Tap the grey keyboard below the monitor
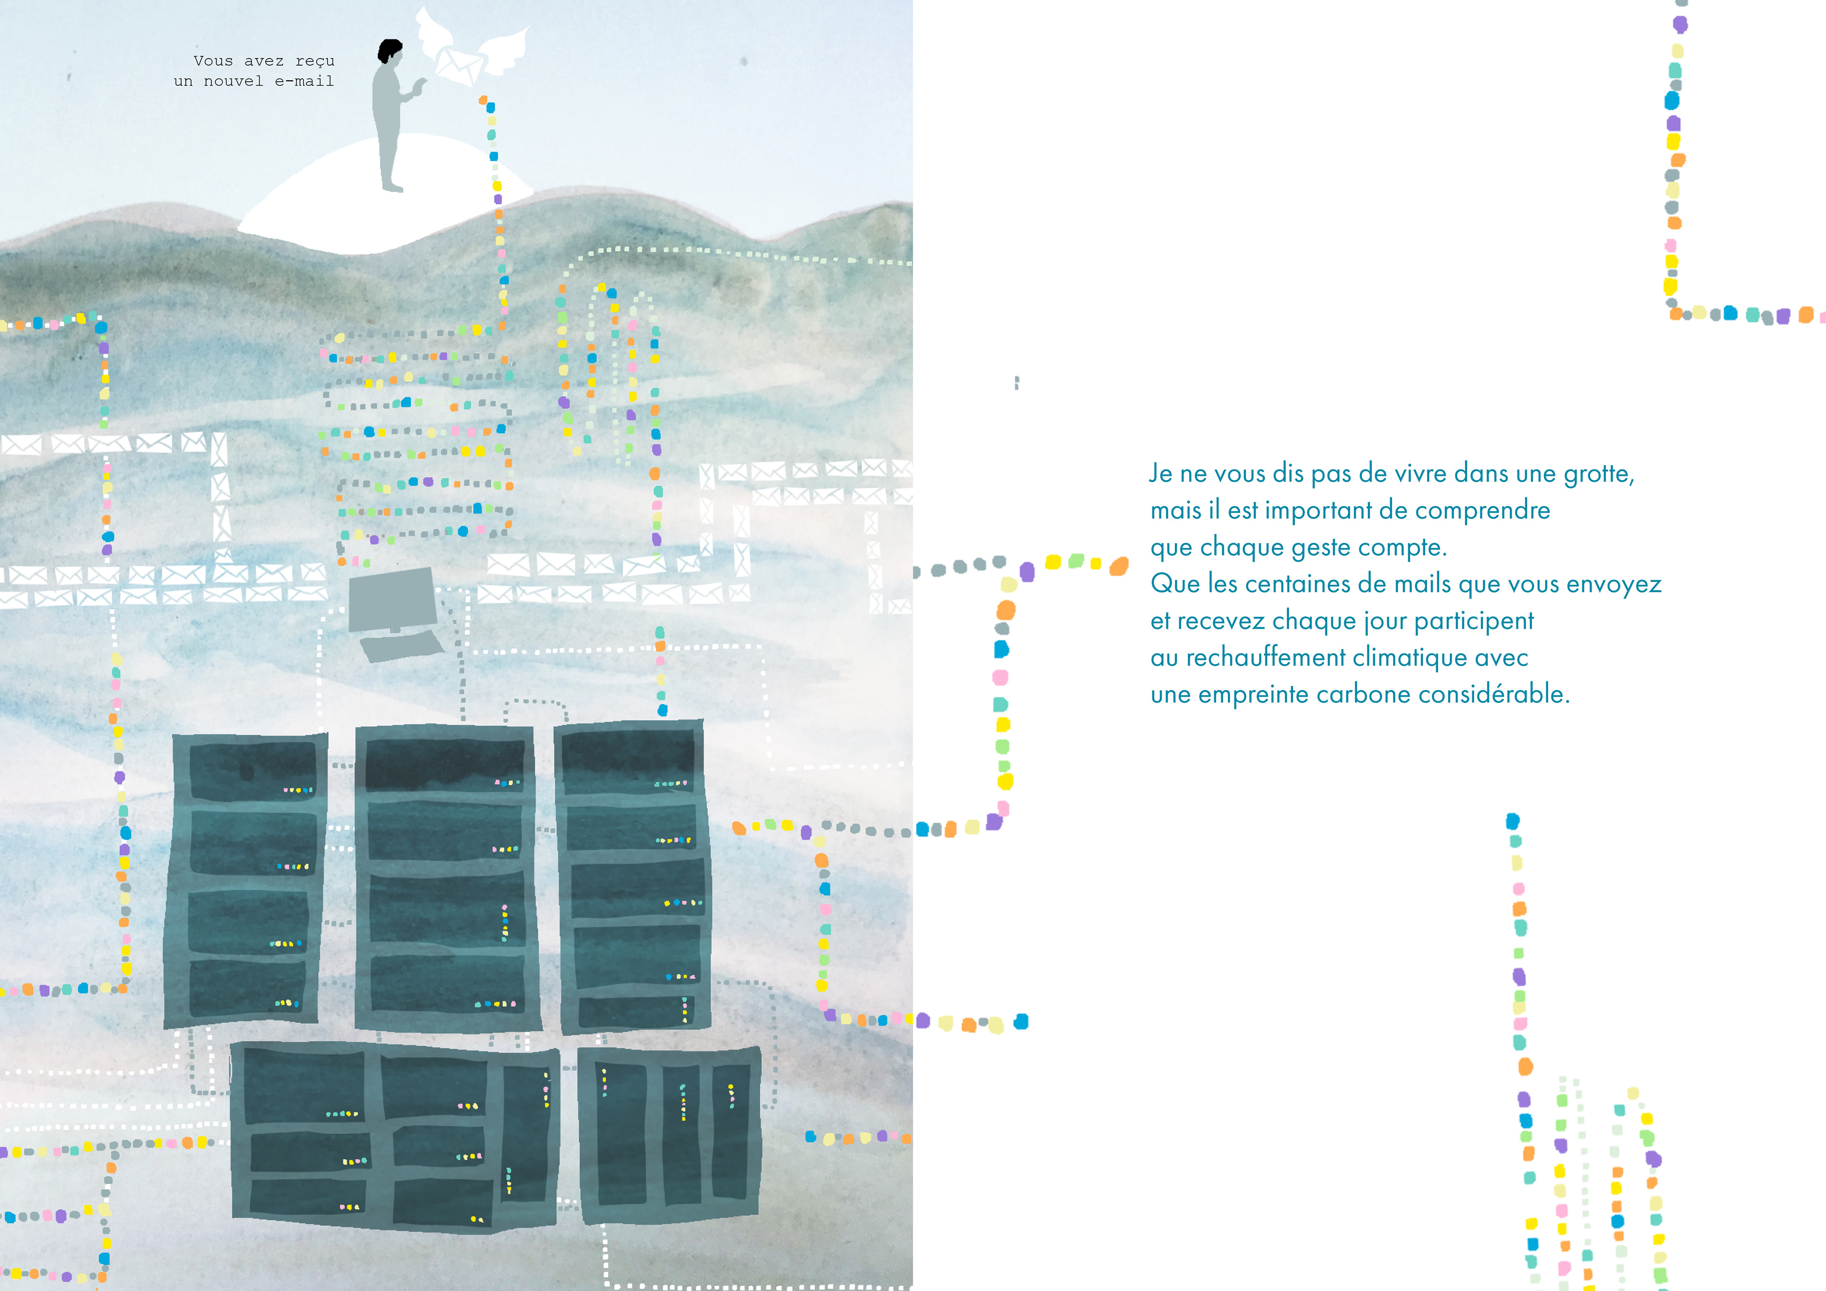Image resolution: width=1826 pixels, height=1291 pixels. [x=402, y=645]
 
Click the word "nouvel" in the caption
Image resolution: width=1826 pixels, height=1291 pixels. [x=234, y=81]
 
